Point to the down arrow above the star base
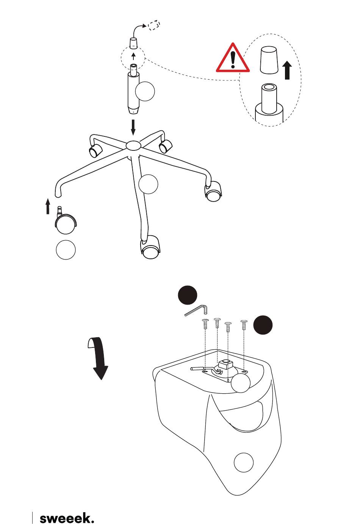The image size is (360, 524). [x=133, y=127]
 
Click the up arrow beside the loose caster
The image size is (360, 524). [x=48, y=206]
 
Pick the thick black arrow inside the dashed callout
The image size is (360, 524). [x=287, y=70]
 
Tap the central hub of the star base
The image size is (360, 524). [x=133, y=145]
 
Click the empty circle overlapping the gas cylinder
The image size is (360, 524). [x=145, y=91]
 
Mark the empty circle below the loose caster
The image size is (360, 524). [x=66, y=250]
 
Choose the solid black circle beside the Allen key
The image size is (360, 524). [x=188, y=295]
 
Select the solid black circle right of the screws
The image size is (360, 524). [x=263, y=325]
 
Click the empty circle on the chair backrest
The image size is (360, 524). [x=244, y=463]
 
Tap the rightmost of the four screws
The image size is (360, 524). [x=244, y=325]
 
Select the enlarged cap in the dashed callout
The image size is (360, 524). [x=269, y=60]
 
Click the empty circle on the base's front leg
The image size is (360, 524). [x=148, y=184]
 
